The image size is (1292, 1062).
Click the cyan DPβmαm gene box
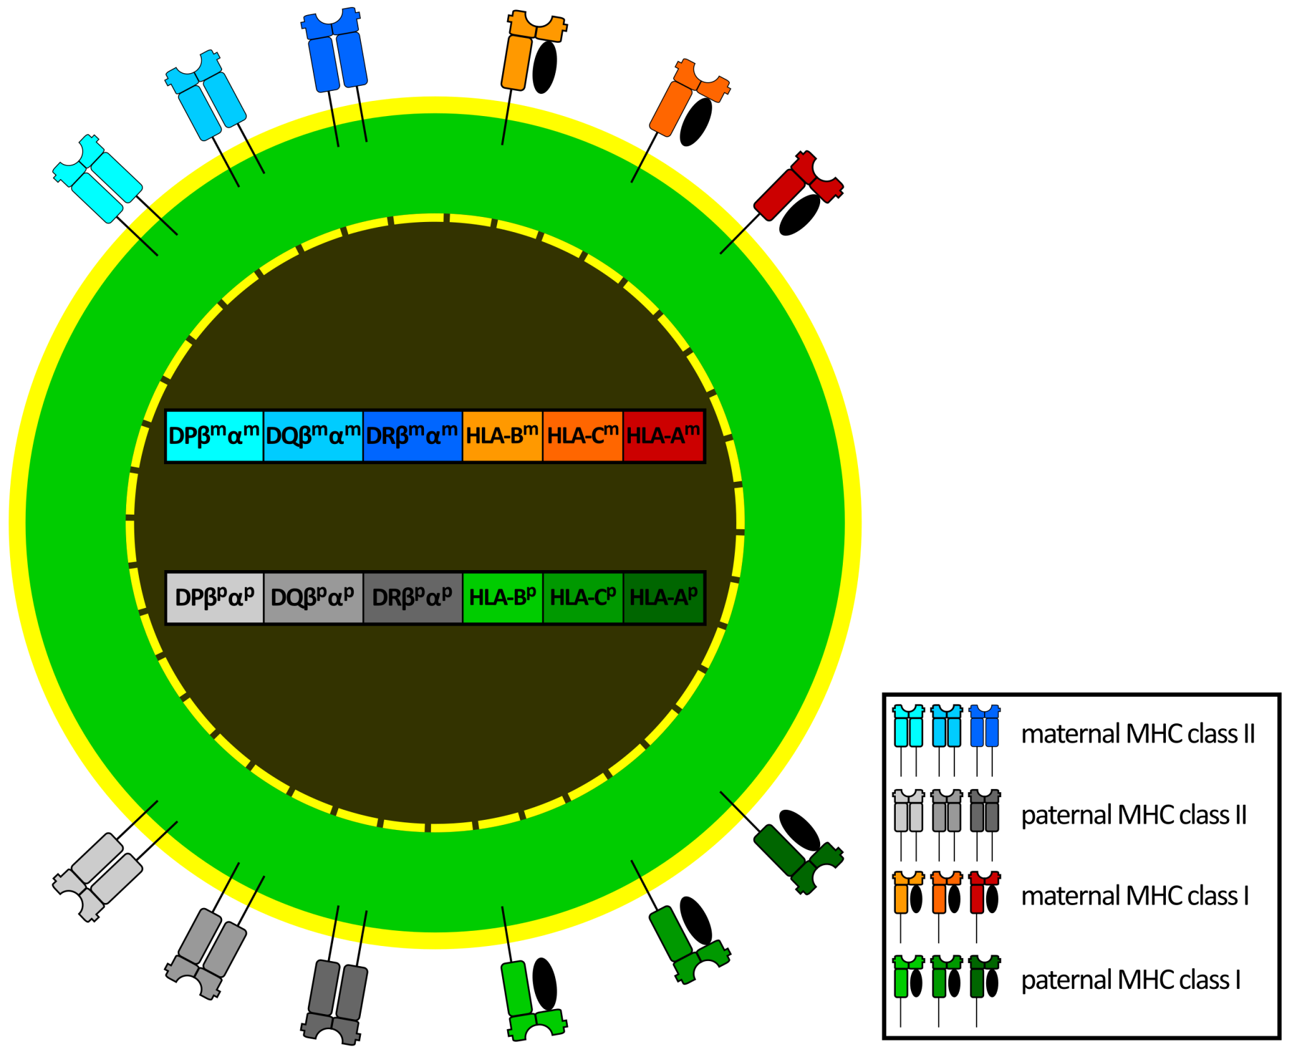(214, 436)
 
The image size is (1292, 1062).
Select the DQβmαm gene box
(313, 436)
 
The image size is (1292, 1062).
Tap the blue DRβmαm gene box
(412, 436)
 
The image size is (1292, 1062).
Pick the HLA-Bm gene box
(502, 436)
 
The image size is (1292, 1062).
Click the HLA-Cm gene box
(582, 436)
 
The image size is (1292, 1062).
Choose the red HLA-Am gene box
(663, 436)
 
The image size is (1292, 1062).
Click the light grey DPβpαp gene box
(214, 597)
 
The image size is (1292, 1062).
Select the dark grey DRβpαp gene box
(412, 597)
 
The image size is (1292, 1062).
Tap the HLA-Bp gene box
(502, 597)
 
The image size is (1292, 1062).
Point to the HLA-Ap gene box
(663, 597)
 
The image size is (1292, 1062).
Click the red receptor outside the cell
(796, 187)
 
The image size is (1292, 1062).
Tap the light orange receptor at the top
(527, 50)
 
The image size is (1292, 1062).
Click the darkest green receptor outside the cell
(796, 858)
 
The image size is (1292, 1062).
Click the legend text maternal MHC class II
(1137, 734)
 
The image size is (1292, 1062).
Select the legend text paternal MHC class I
(1130, 980)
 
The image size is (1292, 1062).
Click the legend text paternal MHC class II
(1134, 815)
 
